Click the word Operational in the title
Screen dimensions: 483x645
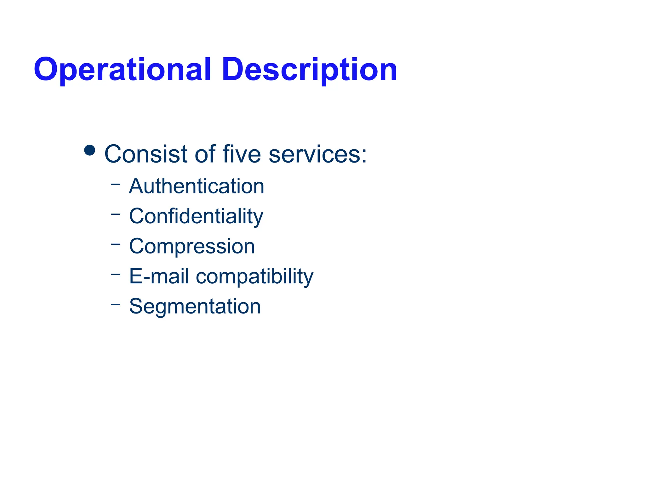pos(122,70)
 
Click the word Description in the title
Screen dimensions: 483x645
pos(309,70)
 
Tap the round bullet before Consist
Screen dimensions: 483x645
pos(90,150)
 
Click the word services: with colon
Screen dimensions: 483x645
pos(318,154)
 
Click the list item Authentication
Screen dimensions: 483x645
pos(197,186)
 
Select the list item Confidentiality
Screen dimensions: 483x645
pos(196,216)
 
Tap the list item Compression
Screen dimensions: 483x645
pos(192,246)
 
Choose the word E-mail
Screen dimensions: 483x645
pos(159,276)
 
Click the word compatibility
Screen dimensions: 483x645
pos(254,277)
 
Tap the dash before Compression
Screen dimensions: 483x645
pos(116,243)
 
